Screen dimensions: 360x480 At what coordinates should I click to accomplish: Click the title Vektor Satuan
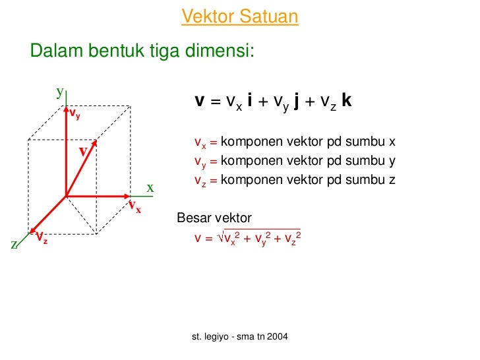point(239,16)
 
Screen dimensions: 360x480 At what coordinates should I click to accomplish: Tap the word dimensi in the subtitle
point(219,51)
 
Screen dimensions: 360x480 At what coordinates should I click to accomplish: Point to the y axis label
point(59,92)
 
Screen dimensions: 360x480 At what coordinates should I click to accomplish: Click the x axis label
point(150,188)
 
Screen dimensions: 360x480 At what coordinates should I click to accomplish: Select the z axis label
point(14,245)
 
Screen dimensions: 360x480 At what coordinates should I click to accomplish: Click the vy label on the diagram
point(75,115)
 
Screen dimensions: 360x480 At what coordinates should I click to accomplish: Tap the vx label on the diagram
point(135,208)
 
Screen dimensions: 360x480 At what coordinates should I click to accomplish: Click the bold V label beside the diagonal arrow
point(84,152)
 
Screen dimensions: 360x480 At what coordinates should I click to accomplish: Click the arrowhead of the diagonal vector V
point(97,142)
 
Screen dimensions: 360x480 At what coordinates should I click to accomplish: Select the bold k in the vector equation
point(347,101)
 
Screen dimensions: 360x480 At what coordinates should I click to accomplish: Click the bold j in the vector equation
point(297,102)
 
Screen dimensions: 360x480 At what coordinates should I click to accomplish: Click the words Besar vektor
point(214,218)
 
